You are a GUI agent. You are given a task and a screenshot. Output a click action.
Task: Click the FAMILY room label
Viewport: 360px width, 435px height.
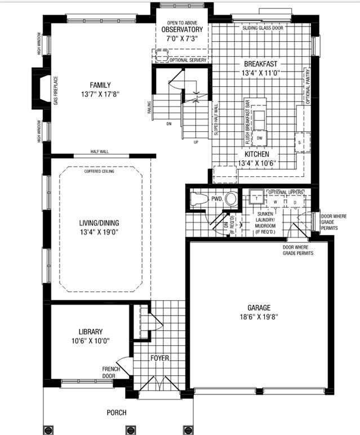point(100,84)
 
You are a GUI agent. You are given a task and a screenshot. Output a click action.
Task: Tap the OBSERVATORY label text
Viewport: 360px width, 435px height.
point(181,29)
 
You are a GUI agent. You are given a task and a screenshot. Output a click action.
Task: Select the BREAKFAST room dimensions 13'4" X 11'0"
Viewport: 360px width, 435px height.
point(261,73)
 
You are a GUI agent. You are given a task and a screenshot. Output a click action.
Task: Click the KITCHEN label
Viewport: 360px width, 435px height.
point(256,154)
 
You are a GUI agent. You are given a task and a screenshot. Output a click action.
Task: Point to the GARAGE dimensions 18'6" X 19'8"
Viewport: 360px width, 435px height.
point(259,317)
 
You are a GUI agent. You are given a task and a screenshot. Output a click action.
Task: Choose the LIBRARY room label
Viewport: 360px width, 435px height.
point(91,332)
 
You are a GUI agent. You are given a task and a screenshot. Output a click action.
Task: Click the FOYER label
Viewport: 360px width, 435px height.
point(159,358)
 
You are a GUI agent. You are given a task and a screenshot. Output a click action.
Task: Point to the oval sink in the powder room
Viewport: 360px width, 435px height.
point(230,199)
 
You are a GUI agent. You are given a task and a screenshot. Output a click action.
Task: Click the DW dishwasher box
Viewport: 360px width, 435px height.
point(259,137)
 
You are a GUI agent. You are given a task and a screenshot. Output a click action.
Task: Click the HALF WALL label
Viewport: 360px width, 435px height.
point(99,152)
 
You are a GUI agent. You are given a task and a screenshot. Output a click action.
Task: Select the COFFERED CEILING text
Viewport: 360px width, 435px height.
point(99,171)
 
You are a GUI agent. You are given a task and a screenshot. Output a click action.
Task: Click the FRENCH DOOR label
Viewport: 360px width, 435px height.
point(109,371)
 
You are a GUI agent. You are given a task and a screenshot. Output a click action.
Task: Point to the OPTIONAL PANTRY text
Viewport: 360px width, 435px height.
point(308,85)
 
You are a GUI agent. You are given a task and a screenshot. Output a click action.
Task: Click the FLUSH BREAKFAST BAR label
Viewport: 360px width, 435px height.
point(247,121)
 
